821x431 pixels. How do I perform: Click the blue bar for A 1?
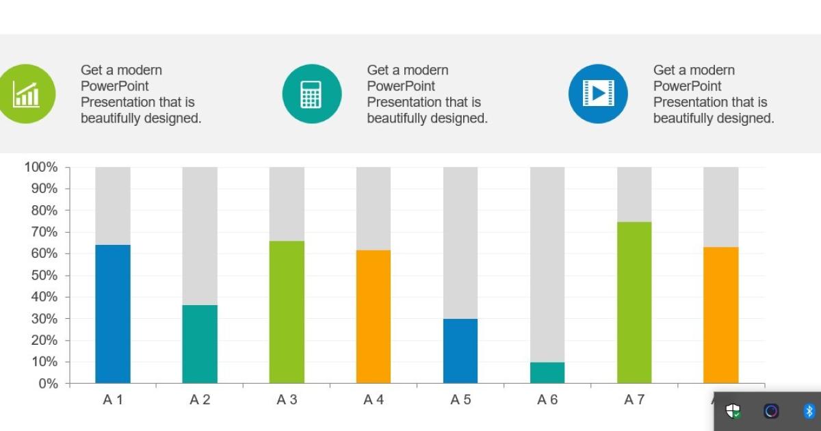click(x=113, y=314)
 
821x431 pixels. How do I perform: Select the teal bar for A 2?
click(x=200, y=344)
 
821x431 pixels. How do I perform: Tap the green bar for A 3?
click(x=287, y=312)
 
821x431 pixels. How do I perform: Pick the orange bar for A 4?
click(x=374, y=316)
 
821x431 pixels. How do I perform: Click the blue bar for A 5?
click(x=460, y=351)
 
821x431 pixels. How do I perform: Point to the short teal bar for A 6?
click(x=547, y=373)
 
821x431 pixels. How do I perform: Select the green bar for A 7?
click(x=634, y=302)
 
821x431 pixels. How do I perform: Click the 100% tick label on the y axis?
click(x=41, y=167)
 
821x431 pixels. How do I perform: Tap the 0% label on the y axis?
click(x=47, y=384)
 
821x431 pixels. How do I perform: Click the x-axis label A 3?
click(x=287, y=400)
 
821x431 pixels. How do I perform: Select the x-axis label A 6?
click(x=547, y=400)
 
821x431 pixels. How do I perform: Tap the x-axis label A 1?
click(x=113, y=400)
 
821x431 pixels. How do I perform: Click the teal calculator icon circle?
click(x=311, y=94)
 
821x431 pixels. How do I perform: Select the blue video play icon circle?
click(x=598, y=94)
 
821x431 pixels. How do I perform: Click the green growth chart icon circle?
click(x=26, y=94)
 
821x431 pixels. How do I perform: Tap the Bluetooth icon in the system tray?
click(x=809, y=411)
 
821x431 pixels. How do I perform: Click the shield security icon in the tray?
click(x=733, y=411)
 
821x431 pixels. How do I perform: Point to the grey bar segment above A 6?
click(x=547, y=264)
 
